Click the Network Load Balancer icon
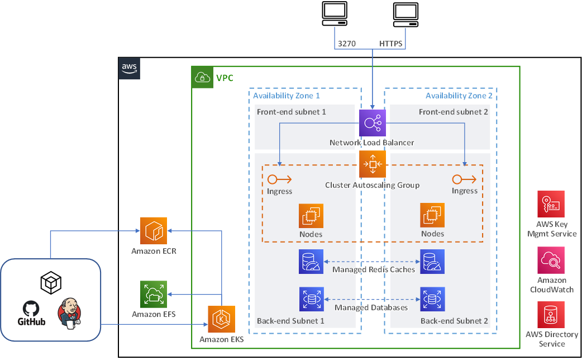coord(373,122)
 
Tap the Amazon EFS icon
coord(154,294)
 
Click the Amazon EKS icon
coord(222,319)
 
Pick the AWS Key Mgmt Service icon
coord(551,204)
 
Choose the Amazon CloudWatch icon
coord(551,260)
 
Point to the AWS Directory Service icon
coord(551,315)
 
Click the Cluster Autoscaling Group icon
coord(373,164)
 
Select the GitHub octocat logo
coord(32,309)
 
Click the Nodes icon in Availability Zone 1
coord(311,216)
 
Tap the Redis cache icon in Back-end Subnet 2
coord(432,261)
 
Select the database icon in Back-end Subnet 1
coord(311,299)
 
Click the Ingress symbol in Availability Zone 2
coord(464,179)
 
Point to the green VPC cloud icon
coord(202,78)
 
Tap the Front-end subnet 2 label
coord(453,112)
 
